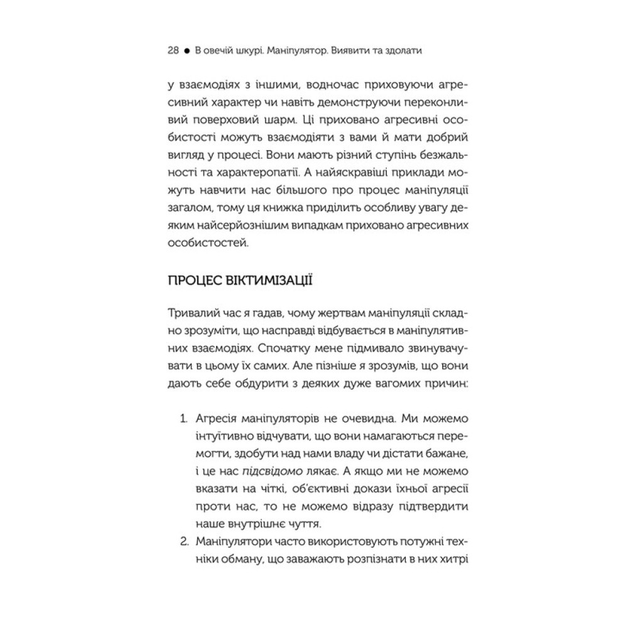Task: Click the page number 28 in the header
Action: (174, 51)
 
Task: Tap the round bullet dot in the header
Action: (187, 51)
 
